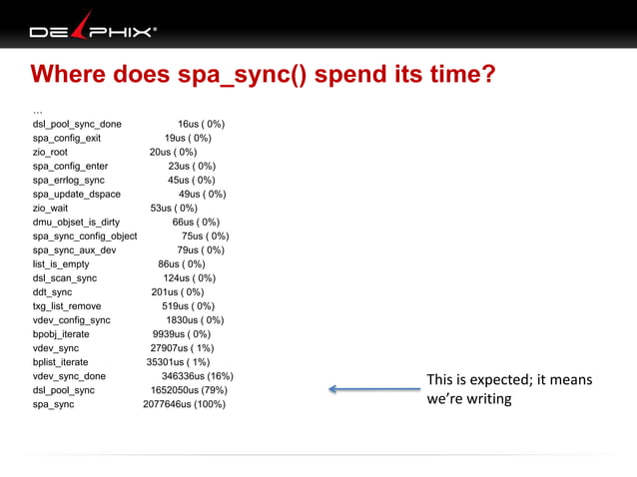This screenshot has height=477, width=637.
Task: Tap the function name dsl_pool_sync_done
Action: pos(77,125)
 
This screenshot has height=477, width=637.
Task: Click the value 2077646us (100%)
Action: pos(184,404)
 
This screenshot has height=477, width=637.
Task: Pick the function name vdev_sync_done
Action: pos(69,376)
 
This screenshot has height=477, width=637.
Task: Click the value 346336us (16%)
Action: pos(197,376)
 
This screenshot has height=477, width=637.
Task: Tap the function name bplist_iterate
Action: pos(61,362)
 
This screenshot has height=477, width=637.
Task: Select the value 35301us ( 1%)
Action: pos(179,362)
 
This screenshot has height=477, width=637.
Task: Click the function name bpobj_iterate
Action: pos(61,334)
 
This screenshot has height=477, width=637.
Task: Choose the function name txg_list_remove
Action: pos(67,306)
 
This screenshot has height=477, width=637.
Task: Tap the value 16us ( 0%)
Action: pos(201,125)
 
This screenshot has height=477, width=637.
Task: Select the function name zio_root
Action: pos(50,153)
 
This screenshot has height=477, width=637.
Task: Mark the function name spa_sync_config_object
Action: pos(85,237)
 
